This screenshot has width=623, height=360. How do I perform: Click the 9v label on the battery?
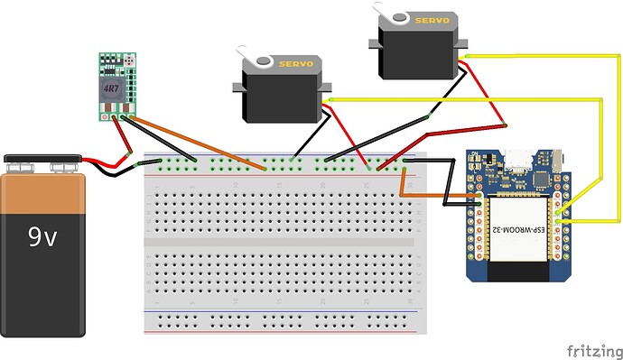(42, 237)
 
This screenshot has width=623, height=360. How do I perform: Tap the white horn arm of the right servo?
(392, 12)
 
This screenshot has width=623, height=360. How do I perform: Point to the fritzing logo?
(592, 348)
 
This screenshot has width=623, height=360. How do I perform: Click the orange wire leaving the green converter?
(199, 143)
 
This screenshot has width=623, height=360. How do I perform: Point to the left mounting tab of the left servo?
(237, 87)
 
